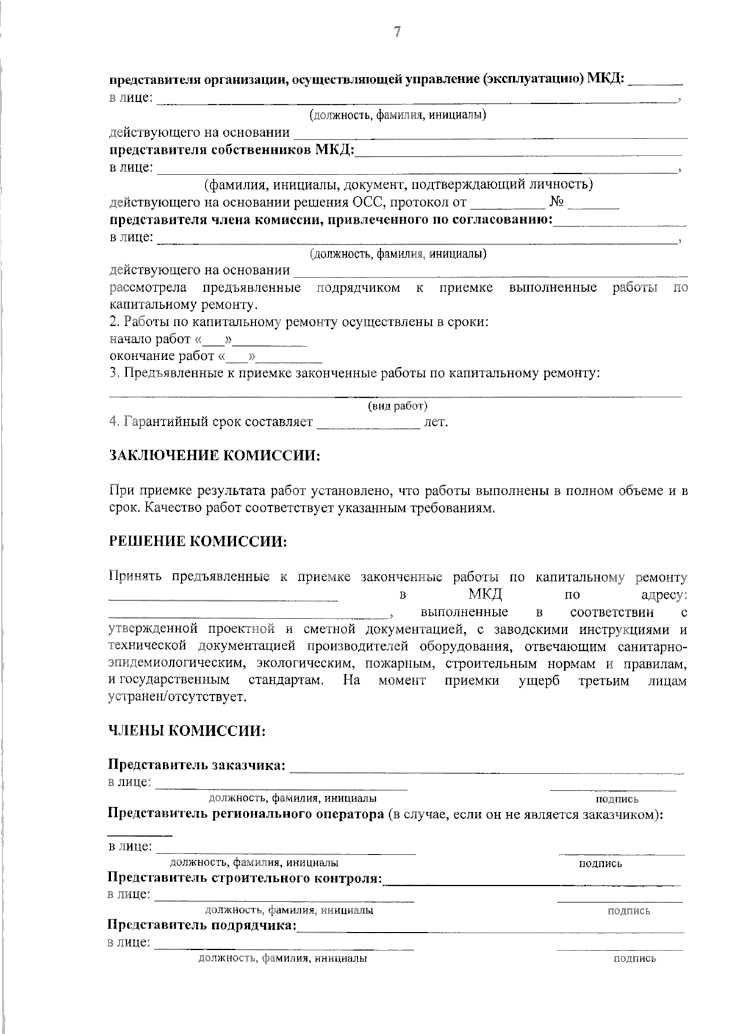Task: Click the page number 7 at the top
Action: click(397, 32)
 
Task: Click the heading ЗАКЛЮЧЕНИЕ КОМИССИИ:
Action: click(215, 456)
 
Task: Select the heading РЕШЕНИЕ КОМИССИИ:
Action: click(198, 542)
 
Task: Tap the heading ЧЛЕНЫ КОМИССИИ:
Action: click(187, 731)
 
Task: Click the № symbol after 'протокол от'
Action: click(556, 202)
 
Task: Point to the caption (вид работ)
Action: click(397, 406)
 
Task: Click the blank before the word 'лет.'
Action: click(368, 422)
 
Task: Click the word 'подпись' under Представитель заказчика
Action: click(617, 799)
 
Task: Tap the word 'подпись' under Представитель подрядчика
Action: click(634, 958)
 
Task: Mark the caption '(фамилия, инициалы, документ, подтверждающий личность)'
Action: click(398, 184)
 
